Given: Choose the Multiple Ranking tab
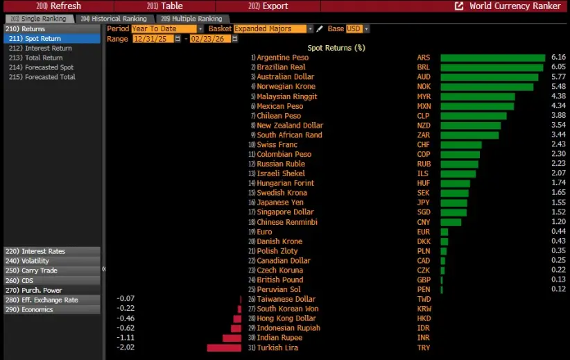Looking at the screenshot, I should (192, 19).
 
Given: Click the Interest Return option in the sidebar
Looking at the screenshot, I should (41, 49).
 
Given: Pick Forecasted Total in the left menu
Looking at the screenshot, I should (43, 77).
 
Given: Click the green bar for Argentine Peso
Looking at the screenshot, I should (492, 58).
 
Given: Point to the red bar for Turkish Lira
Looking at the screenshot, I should (224, 348).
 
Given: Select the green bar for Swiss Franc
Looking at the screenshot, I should (460, 144).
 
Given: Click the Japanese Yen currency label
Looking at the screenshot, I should (280, 203).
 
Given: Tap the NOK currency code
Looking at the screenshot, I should (424, 87).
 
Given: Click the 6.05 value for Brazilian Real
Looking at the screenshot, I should (558, 67).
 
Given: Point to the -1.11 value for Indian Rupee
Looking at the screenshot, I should (126, 338).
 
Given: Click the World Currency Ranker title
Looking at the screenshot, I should (515, 6).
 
